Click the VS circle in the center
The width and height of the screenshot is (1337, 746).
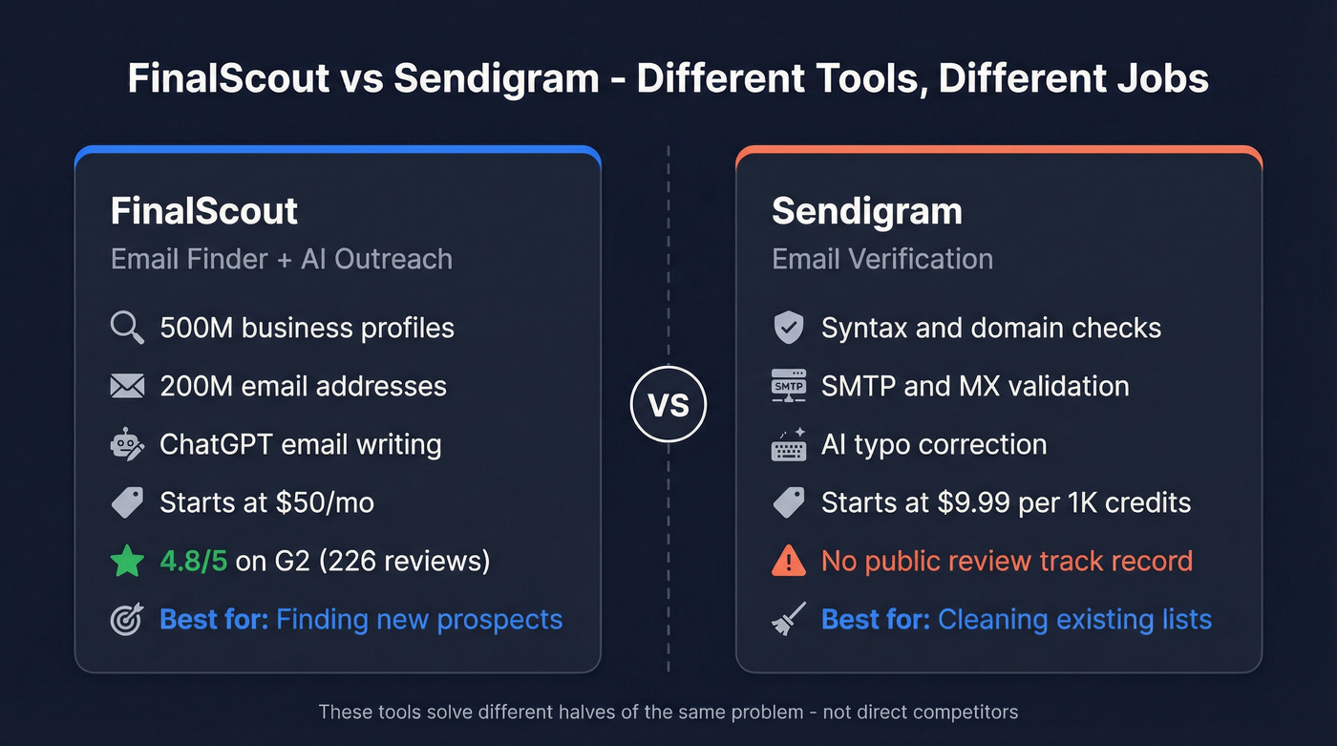point(668,405)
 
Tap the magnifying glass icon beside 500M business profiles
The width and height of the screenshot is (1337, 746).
point(127,328)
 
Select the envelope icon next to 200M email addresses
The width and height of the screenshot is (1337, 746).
point(127,386)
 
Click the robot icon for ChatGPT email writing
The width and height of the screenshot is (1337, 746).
point(127,444)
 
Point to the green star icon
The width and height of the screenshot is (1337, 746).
point(127,561)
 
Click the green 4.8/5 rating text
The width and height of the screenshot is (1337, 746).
point(194,561)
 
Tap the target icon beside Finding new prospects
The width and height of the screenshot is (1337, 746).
point(127,619)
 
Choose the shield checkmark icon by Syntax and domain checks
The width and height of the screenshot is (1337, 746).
point(788,328)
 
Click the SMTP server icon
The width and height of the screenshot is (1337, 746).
point(788,386)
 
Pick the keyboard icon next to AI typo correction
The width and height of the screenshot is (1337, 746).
point(789,444)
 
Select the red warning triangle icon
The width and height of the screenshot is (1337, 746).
point(788,561)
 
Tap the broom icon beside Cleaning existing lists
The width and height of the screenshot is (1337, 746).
point(789,618)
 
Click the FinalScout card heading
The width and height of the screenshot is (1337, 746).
point(204,211)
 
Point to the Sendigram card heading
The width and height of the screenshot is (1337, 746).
point(866,211)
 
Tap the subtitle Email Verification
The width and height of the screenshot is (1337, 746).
point(881,259)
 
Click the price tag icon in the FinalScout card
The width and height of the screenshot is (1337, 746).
point(127,502)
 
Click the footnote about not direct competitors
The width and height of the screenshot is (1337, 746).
point(668,712)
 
